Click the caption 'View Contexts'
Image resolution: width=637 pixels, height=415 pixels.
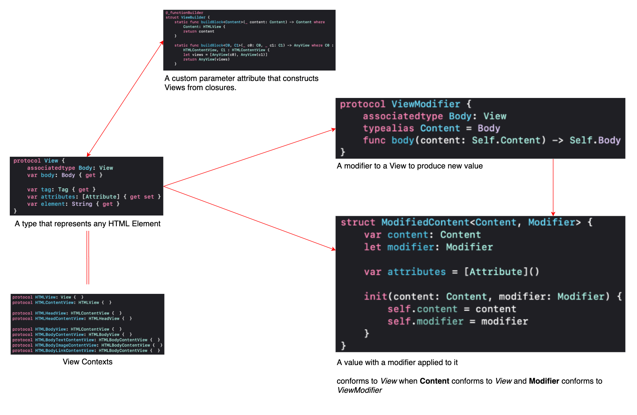click(87, 362)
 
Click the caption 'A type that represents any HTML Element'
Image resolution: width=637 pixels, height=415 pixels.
click(87, 224)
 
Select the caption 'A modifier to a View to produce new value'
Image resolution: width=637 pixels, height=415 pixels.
click(410, 166)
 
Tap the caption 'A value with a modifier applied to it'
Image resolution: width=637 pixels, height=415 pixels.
click(397, 362)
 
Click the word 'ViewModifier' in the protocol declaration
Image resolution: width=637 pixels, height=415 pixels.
click(426, 104)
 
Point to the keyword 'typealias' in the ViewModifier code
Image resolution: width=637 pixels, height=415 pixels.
click(388, 128)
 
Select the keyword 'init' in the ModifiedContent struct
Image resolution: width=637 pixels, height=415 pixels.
click(375, 296)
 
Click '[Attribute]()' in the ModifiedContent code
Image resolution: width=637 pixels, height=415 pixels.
click(502, 272)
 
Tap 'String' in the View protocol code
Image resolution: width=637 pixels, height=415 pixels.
click(82, 204)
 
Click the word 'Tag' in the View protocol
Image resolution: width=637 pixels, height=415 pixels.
click(63, 190)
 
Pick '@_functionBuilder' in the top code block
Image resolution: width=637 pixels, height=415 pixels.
click(184, 13)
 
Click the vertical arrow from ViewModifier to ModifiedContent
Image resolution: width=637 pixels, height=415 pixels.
click(553, 186)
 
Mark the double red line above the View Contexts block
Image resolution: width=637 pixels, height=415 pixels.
click(88, 258)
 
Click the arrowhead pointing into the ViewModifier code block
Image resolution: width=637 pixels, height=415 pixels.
click(334, 130)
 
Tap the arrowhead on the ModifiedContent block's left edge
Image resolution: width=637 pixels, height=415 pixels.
click(334, 249)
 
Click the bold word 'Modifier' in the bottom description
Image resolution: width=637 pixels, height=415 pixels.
click(544, 381)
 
